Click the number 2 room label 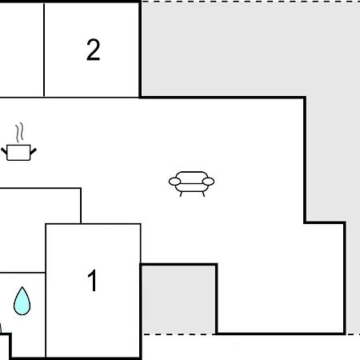[x=93, y=50]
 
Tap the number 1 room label [x=92, y=281]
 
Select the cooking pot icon [x=18, y=153]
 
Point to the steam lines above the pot [x=19, y=133]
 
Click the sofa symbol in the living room [x=191, y=184]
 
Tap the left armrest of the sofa [x=174, y=182]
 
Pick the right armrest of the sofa [x=208, y=182]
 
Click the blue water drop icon [x=22, y=301]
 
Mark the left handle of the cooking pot [x=4, y=152]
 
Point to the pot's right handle [x=34, y=152]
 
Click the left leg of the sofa [x=181, y=194]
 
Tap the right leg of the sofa [x=203, y=194]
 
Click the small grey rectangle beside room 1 [x=178, y=299]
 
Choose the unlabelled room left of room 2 [x=22, y=50]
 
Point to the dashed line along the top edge [x=250, y=2]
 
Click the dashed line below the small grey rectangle [x=178, y=334]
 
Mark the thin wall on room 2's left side [x=44, y=50]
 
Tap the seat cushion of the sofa [x=191, y=187]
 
